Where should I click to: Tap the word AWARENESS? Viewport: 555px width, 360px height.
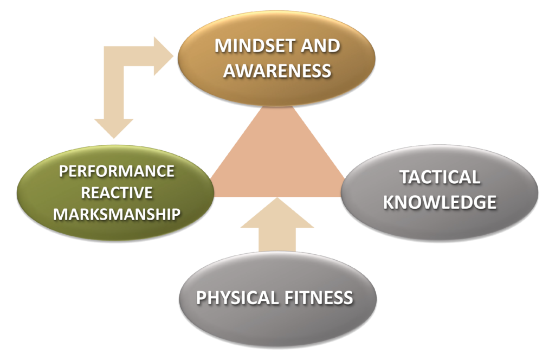(x=277, y=70)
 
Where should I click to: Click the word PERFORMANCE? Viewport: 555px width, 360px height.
(x=117, y=171)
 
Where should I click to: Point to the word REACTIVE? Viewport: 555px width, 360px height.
(x=117, y=192)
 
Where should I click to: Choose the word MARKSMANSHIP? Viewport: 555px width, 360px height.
(x=117, y=214)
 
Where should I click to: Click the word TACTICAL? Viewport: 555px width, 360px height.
(x=440, y=177)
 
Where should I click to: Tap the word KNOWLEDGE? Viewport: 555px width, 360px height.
(x=440, y=202)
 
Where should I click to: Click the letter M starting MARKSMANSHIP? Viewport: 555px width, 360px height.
(x=59, y=214)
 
